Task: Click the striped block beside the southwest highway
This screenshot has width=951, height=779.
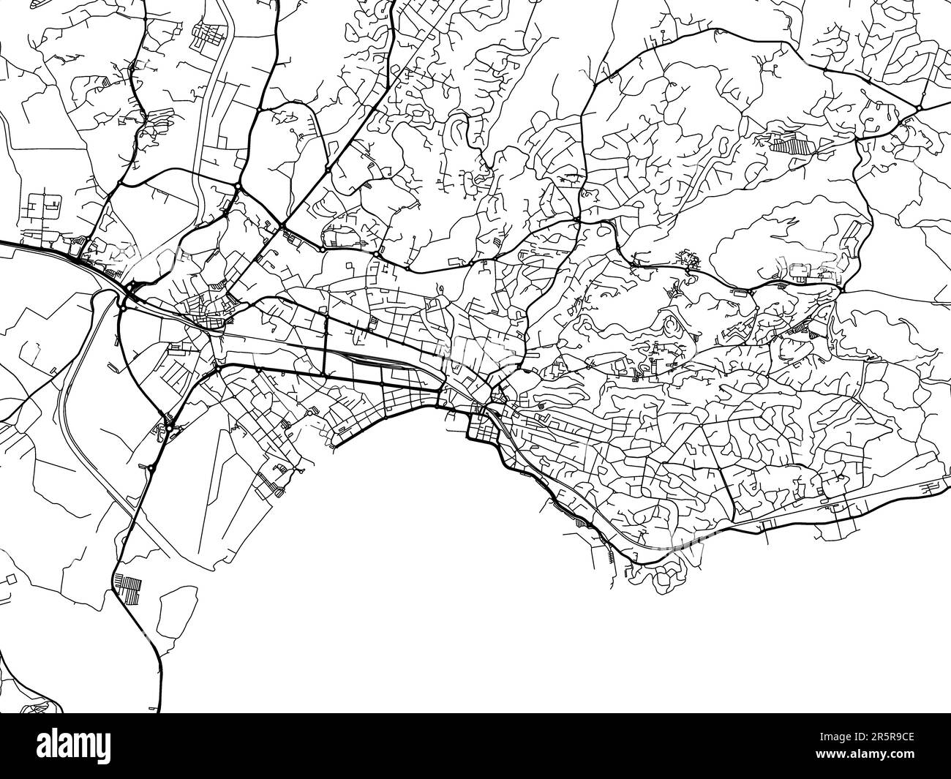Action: pos(129,589)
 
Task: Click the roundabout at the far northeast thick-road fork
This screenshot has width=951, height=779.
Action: pos(917,109)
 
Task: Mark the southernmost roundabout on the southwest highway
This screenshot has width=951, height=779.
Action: pos(151,467)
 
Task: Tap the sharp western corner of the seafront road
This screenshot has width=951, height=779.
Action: pos(333,443)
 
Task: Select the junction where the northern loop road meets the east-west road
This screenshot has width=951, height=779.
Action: pos(578,219)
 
